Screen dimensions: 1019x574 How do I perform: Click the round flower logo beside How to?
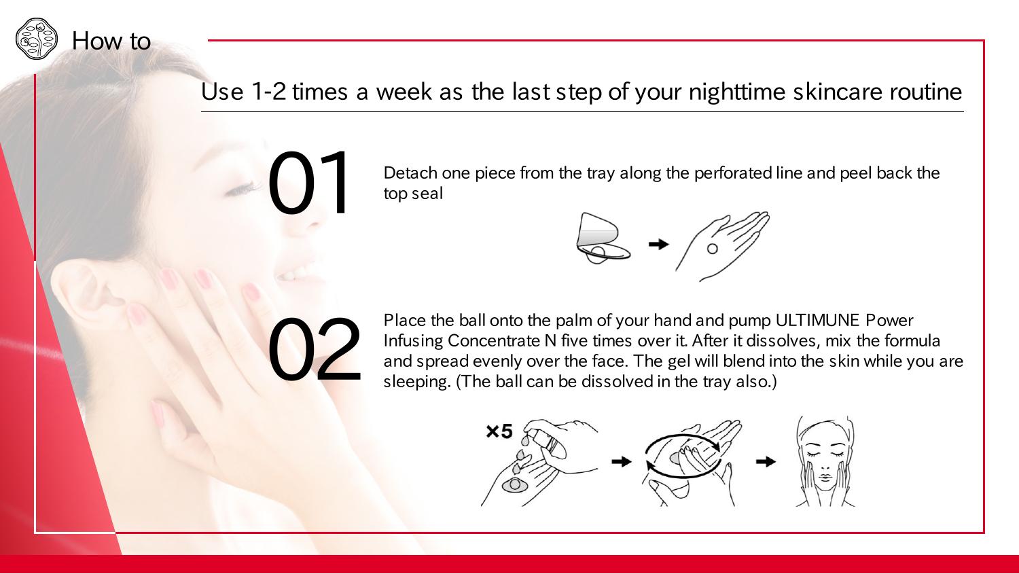(37, 39)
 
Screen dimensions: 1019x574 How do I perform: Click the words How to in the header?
(111, 41)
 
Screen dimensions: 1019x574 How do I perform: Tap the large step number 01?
(308, 182)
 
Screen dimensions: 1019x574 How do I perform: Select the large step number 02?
(315, 348)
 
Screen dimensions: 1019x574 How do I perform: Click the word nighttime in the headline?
(737, 92)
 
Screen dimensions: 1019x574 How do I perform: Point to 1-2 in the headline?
(268, 92)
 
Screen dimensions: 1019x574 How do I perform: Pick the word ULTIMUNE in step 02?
(817, 320)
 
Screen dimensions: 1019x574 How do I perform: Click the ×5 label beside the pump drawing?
(499, 431)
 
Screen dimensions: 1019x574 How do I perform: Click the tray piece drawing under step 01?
(603, 238)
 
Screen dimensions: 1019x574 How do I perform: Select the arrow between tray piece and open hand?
(658, 245)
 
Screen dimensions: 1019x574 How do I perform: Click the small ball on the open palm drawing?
(713, 249)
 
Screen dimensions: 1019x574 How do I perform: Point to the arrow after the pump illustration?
(622, 462)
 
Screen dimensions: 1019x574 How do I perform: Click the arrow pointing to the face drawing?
(766, 462)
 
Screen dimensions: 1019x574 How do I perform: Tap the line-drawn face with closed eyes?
(825, 461)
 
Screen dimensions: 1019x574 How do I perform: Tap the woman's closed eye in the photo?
(240, 189)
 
